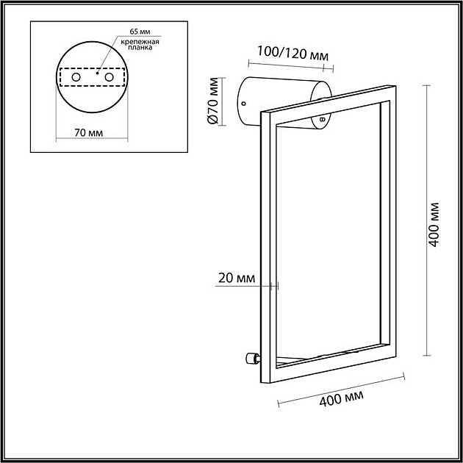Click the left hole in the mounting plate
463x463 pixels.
(76, 77)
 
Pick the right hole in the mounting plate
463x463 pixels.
(110, 77)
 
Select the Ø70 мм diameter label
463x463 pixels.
(213, 104)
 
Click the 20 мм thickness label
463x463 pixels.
(237, 278)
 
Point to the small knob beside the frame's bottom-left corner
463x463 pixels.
(251, 359)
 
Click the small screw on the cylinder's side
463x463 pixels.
(321, 118)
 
